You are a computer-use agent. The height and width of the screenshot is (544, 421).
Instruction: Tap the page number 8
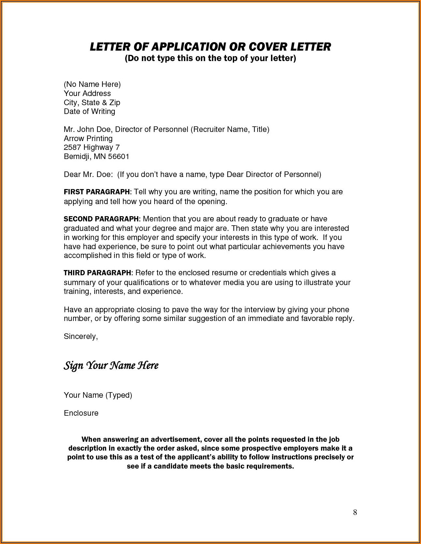point(355,512)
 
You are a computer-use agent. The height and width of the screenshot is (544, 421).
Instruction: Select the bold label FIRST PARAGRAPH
point(97,192)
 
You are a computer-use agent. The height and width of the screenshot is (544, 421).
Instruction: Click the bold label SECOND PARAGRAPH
point(101,219)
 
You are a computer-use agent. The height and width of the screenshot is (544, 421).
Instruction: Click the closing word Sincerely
point(81,336)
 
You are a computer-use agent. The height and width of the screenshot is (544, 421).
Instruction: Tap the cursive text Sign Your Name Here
point(111,365)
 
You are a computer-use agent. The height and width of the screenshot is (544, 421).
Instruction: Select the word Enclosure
point(81,413)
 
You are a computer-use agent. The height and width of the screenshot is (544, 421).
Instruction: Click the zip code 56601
point(119,156)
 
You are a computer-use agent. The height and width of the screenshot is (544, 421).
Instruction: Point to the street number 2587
point(72,147)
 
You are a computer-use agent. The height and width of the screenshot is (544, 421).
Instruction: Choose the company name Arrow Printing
point(88,138)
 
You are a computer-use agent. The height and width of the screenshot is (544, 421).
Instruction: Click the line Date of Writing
point(89,111)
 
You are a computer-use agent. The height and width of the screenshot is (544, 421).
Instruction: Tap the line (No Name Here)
point(92,84)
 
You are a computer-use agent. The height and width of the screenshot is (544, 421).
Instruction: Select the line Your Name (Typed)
point(98,395)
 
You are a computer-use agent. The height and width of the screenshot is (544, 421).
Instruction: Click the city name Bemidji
point(77,156)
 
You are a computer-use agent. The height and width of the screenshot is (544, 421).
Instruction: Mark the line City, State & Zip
point(92,103)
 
